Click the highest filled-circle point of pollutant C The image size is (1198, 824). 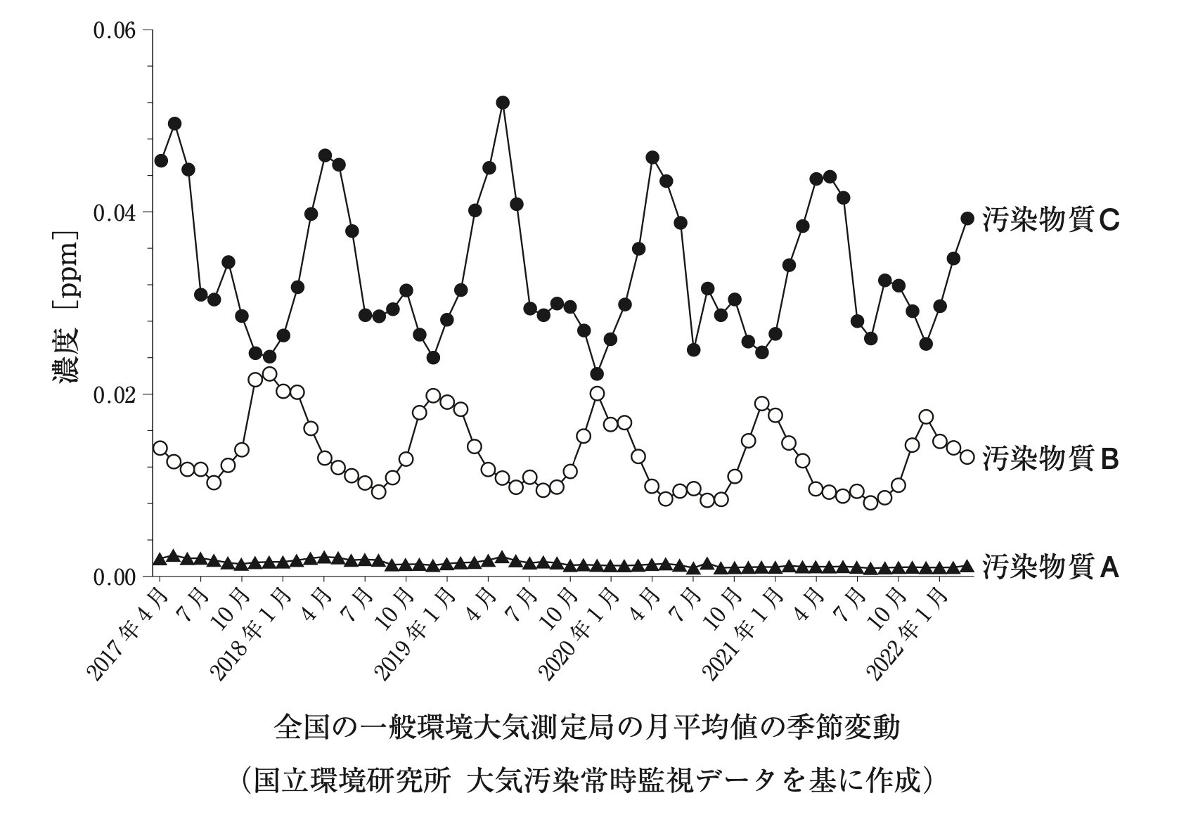pyautogui.click(x=503, y=103)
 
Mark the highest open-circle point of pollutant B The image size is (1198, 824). pyautogui.click(x=269, y=374)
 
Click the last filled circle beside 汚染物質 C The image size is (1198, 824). pyautogui.click(x=967, y=219)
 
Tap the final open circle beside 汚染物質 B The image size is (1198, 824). pyautogui.click(x=967, y=457)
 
